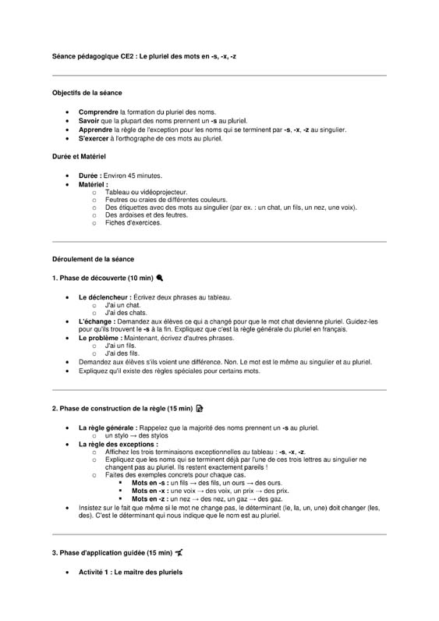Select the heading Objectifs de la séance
tap(87, 93)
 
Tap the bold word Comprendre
tap(99, 112)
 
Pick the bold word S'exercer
tap(95, 140)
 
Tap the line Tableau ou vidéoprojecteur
tap(146, 192)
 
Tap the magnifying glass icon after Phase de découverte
tap(160, 278)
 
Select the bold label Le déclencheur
tap(104, 297)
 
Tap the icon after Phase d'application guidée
tap(179, 552)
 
